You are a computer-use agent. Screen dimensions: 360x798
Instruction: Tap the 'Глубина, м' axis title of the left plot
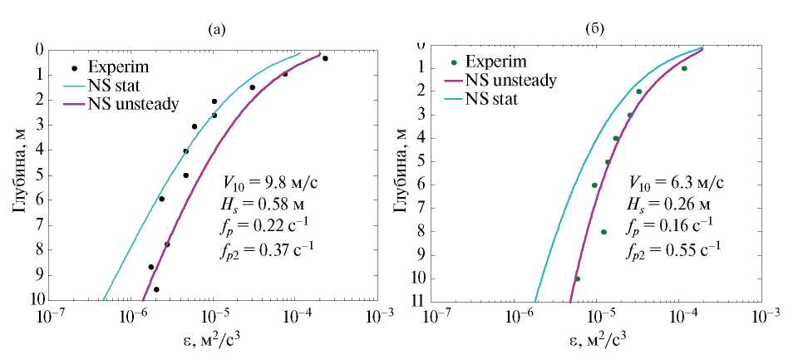pyautogui.click(x=18, y=175)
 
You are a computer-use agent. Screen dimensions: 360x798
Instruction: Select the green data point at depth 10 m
pyautogui.click(x=578, y=279)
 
